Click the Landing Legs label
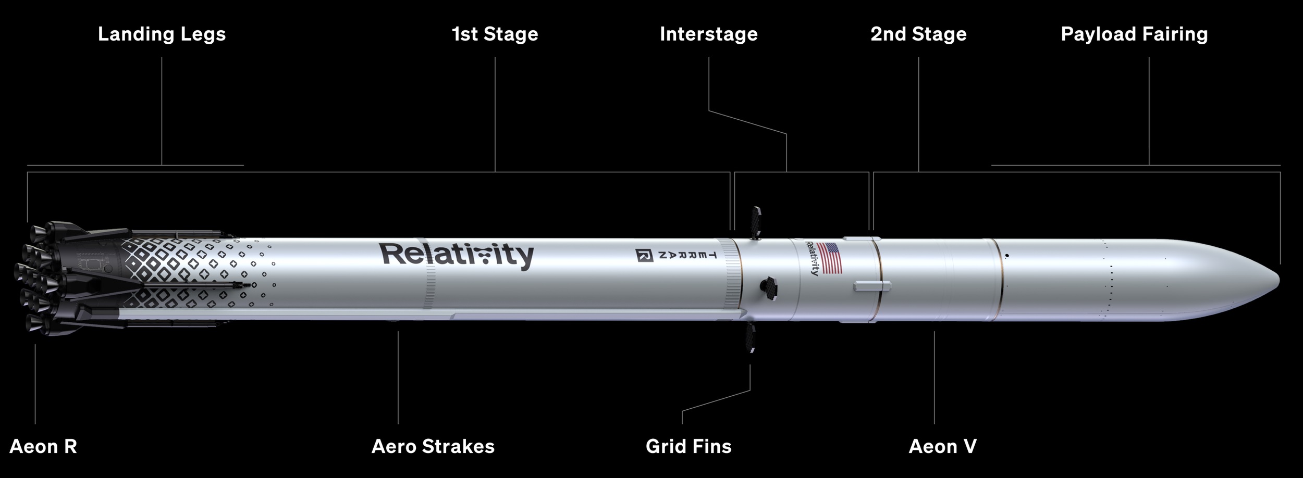point(162,34)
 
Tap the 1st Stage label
point(495,34)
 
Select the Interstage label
point(708,34)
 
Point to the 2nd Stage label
point(918,34)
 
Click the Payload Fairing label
point(1134,34)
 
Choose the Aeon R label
point(43,446)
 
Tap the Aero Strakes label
point(433,446)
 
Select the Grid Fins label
point(689,446)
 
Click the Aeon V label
point(942,446)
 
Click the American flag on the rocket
point(830,258)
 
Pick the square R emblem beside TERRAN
point(644,256)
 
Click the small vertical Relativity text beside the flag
point(812,258)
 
